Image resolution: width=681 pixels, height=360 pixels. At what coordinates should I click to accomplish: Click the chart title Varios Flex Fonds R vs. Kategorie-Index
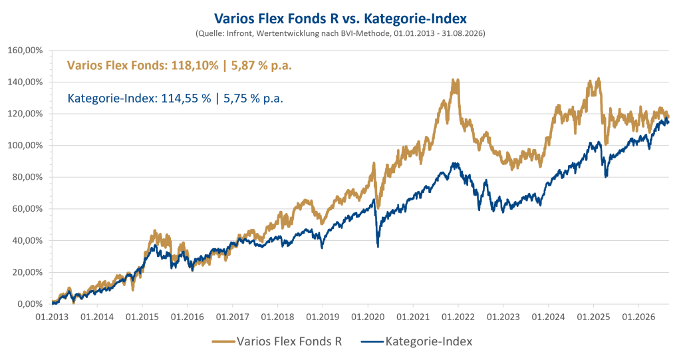[x=340, y=19]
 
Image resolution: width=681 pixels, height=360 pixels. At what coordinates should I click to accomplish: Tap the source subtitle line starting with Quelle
[x=340, y=33]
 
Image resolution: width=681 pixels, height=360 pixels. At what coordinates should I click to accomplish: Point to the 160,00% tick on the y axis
[x=26, y=51]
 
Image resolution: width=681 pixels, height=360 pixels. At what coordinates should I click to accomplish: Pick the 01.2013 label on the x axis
[x=52, y=317]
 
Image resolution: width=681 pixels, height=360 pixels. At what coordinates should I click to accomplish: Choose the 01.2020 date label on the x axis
[x=368, y=317]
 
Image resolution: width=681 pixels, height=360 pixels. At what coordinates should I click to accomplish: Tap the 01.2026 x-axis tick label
[x=638, y=317]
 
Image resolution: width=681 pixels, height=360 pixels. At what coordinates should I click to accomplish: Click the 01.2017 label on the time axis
[x=232, y=317]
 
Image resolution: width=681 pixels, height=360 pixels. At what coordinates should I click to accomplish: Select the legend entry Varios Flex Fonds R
[x=277, y=341]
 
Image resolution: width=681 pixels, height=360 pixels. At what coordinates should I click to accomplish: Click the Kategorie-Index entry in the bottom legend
[x=417, y=341]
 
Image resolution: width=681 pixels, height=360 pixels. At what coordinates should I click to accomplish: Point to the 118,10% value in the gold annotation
[x=195, y=66]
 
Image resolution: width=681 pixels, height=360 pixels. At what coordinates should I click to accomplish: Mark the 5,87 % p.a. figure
[x=261, y=66]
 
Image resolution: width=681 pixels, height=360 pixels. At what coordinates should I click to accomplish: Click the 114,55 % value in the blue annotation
[x=186, y=98]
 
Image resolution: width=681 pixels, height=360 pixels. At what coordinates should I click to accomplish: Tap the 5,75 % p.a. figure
[x=253, y=98]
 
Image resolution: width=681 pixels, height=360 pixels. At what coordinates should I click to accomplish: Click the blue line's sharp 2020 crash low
[x=378, y=246]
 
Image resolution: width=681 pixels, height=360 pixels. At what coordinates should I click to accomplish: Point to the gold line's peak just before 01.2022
[x=454, y=80]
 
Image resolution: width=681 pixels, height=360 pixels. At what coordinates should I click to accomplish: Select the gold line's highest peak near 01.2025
[x=599, y=79]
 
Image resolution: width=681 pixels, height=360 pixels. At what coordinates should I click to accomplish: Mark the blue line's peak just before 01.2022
[x=455, y=164]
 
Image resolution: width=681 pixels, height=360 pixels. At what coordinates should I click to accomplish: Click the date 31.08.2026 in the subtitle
[x=463, y=33]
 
